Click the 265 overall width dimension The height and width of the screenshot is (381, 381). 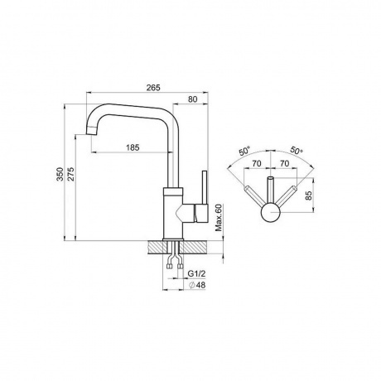click(153, 88)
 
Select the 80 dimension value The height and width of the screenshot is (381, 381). click(193, 99)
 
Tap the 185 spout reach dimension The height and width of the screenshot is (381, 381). click(133, 147)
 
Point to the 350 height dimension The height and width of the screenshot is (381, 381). click(60, 174)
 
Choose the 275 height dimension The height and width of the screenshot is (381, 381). click(71, 174)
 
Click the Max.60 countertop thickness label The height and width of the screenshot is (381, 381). click(219, 218)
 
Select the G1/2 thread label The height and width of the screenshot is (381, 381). click(197, 273)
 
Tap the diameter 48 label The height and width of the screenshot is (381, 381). click(198, 285)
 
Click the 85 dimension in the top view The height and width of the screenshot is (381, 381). click(309, 195)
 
